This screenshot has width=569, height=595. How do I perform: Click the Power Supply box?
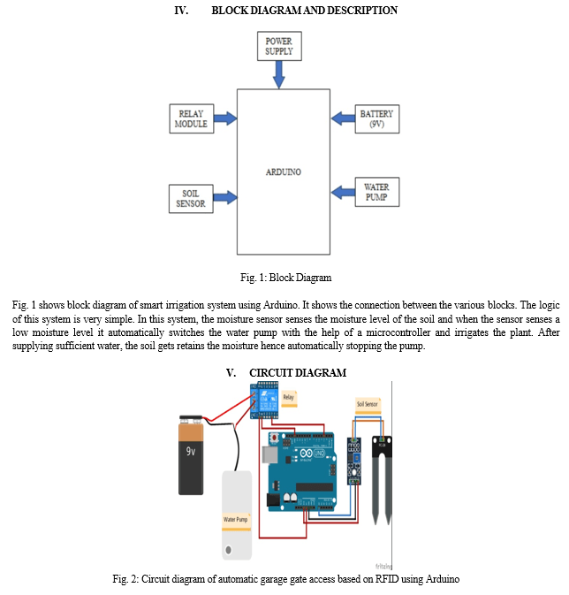[278, 46]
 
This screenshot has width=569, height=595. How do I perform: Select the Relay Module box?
[191, 118]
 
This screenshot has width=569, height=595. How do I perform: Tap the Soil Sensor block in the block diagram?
[191, 198]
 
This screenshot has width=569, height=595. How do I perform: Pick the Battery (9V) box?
[376, 118]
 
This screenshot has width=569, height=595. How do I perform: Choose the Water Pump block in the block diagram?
[376, 192]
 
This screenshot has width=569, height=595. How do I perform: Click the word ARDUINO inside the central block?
[283, 172]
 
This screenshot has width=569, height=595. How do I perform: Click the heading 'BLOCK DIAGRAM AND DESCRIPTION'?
[305, 11]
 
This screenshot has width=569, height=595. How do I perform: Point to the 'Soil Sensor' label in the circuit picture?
[368, 405]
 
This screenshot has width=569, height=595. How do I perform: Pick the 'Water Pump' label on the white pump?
[235, 519]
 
